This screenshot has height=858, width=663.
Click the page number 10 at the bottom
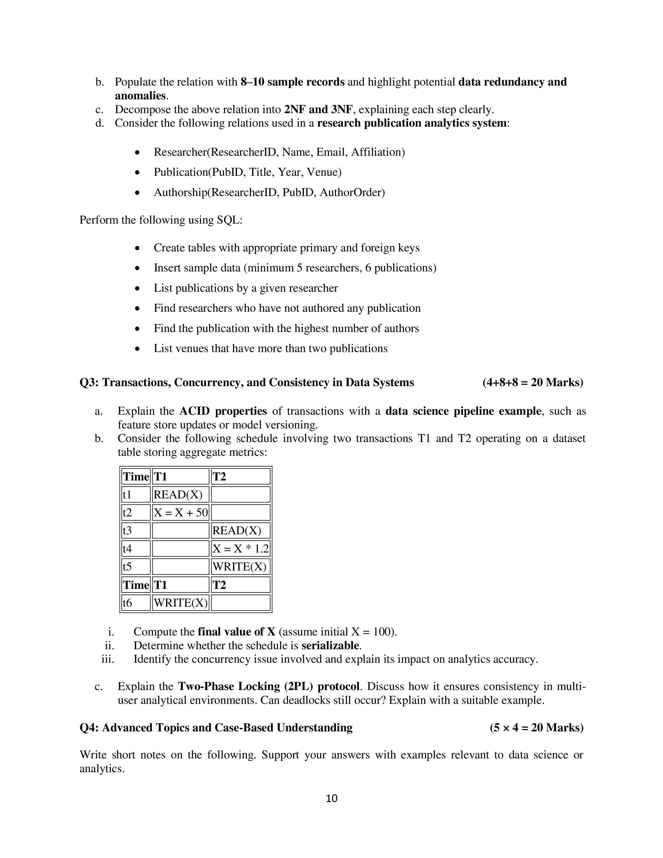tap(331, 798)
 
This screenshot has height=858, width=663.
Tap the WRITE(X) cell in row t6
tap(180, 603)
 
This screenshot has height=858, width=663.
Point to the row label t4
tap(127, 548)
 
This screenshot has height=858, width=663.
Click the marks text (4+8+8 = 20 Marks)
tap(532, 382)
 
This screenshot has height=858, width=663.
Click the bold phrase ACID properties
tap(223, 411)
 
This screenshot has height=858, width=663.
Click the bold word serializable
tap(330, 646)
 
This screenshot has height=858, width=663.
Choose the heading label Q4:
tap(89, 727)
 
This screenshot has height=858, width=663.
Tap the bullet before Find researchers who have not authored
tap(137, 308)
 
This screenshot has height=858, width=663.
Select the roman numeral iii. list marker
tap(108, 659)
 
